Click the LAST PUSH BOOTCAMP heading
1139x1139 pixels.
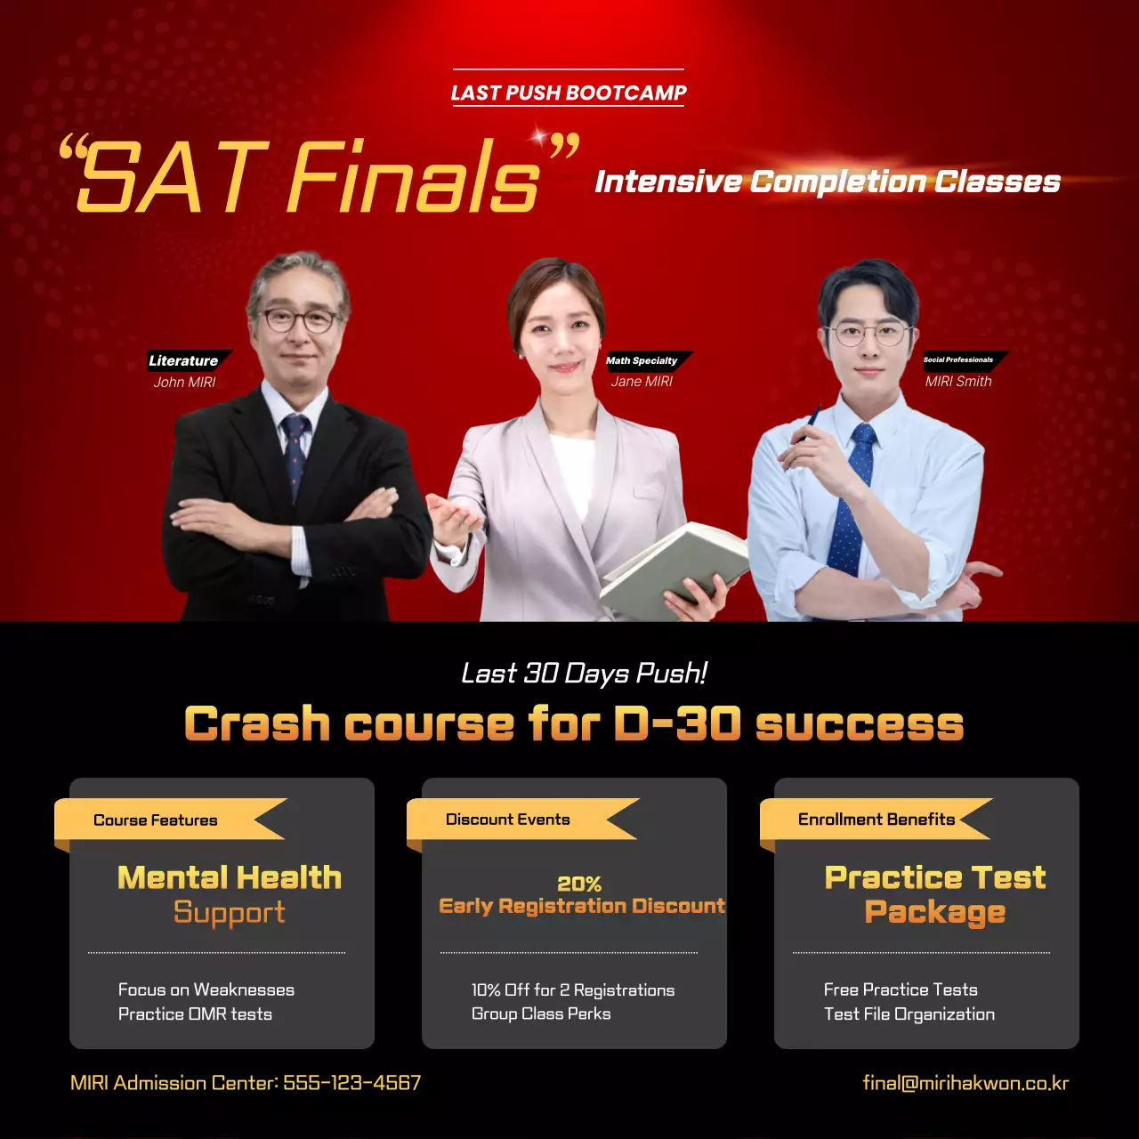(569, 93)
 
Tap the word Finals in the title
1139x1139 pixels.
(414, 177)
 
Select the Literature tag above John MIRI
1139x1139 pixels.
(183, 360)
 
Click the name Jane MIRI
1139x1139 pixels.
(642, 381)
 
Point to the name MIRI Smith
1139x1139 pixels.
(958, 381)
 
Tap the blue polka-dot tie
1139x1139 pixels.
(850, 498)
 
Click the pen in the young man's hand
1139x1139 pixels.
(811, 422)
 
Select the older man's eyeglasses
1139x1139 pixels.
(298, 319)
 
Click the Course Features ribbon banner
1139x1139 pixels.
(160, 820)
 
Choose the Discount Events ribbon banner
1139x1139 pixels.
(512, 819)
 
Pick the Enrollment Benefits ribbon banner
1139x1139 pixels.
(876, 819)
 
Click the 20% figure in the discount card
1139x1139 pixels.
(579, 884)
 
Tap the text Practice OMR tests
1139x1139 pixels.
(195, 1014)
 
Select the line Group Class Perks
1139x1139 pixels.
(541, 1014)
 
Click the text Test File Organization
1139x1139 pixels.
(909, 1014)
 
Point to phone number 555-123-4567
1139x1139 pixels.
(351, 1083)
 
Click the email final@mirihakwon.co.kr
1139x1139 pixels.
(965, 1083)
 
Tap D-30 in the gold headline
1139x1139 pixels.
(676, 723)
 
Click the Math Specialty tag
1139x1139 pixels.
(642, 360)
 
